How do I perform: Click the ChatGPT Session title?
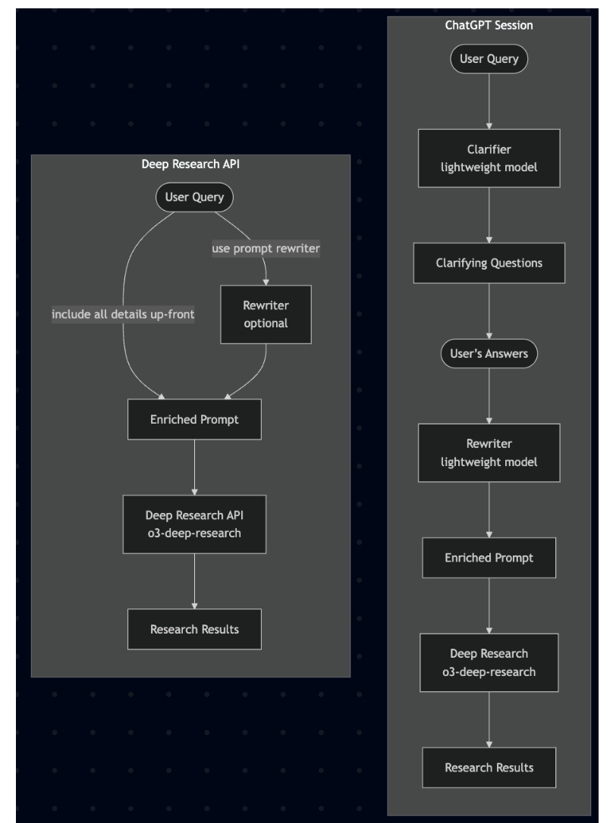pyautogui.click(x=489, y=24)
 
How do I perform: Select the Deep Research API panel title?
pyautogui.click(x=190, y=163)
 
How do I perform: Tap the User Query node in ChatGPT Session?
pyautogui.click(x=489, y=59)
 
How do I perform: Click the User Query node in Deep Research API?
pyautogui.click(x=194, y=199)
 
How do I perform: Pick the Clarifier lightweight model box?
pyautogui.click(x=489, y=158)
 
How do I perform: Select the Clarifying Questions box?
pyautogui.click(x=489, y=263)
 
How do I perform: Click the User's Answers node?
pyautogui.click(x=489, y=353)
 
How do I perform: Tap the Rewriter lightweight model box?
pyautogui.click(x=489, y=452)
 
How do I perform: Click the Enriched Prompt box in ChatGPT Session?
pyautogui.click(x=489, y=557)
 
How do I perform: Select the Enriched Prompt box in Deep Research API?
pyautogui.click(x=195, y=419)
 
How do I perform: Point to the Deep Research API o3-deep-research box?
pyautogui.click(x=195, y=524)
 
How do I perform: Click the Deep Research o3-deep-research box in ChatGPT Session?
pyautogui.click(x=489, y=662)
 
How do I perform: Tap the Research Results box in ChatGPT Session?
pyautogui.click(x=489, y=767)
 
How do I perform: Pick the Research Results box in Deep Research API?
pyautogui.click(x=195, y=628)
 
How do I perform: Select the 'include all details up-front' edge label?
pyautogui.click(x=123, y=314)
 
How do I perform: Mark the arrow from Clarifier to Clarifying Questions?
pyautogui.click(x=489, y=215)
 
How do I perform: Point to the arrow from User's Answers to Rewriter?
pyautogui.click(x=489, y=396)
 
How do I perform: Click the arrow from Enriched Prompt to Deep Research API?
pyautogui.click(x=195, y=467)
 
